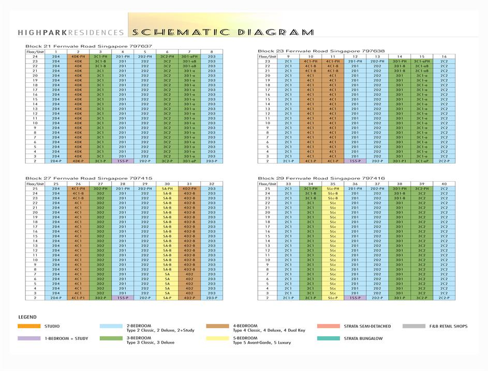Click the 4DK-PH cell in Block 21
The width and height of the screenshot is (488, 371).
click(x=78, y=56)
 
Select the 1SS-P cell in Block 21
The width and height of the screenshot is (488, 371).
click(x=123, y=161)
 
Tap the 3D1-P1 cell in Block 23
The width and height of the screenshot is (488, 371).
click(x=400, y=161)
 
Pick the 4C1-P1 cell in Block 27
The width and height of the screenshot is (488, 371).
click(x=78, y=298)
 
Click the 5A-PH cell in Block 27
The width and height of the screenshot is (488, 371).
click(x=167, y=188)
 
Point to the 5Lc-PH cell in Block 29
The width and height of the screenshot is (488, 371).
click(x=333, y=188)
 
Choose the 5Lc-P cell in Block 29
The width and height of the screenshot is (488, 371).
click(x=333, y=298)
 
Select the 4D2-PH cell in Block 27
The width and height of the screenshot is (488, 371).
click(x=189, y=188)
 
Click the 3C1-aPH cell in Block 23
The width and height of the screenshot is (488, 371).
click(x=422, y=61)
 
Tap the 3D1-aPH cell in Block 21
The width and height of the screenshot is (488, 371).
click(x=189, y=56)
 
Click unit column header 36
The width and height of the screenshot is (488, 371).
click(x=355, y=184)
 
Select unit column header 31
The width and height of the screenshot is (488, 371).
click(x=189, y=184)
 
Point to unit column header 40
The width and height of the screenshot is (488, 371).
click(x=444, y=184)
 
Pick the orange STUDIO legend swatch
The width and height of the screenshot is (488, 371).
click(x=29, y=326)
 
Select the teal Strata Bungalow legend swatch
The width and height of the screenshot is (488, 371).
click(x=329, y=338)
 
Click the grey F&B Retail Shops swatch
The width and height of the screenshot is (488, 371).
click(x=413, y=326)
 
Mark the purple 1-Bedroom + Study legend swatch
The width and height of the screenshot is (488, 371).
click(x=29, y=338)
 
